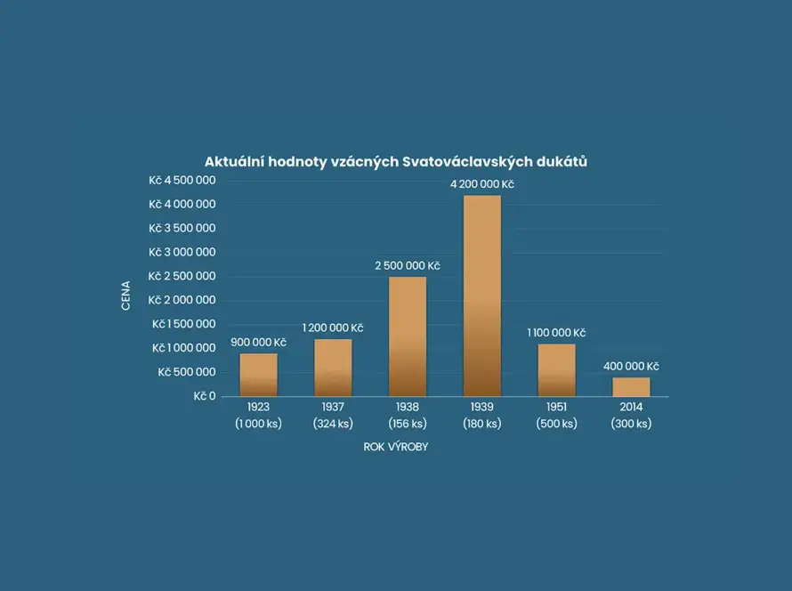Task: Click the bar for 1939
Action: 481,295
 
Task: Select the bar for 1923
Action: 258,375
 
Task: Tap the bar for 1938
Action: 407,336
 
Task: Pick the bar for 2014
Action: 631,386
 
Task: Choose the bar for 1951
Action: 556,369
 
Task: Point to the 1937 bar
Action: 333,368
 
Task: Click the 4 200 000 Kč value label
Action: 481,184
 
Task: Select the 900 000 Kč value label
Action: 258,343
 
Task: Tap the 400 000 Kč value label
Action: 631,367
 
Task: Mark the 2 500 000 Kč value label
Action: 407,266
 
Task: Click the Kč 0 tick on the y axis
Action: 205,396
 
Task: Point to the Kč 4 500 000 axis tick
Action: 182,180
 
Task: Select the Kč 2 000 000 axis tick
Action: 182,300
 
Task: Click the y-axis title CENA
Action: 126,295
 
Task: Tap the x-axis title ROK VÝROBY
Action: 395,447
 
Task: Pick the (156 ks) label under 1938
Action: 407,424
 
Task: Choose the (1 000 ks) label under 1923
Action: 258,424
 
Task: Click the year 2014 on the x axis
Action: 631,408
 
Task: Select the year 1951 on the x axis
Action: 556,408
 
